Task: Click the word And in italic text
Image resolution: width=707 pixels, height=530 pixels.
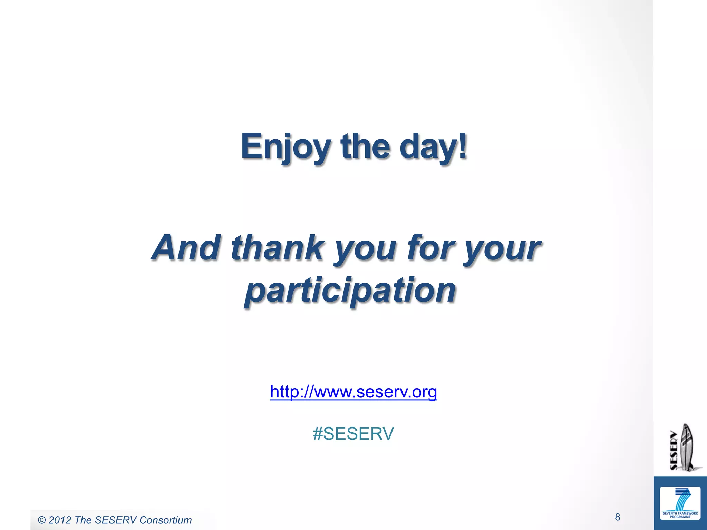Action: tap(186, 247)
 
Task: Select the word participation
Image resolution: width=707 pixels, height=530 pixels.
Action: tap(350, 291)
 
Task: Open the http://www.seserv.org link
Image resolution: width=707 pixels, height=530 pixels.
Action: tap(353, 392)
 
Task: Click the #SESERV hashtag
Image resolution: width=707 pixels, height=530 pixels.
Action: tap(353, 434)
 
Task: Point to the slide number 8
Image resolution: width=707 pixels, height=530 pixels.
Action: tap(617, 517)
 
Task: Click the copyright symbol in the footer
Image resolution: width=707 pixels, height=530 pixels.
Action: tap(42, 520)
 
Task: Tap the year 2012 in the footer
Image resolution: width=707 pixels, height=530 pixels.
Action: tap(60, 520)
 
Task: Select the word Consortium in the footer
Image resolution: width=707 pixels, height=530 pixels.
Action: tap(165, 520)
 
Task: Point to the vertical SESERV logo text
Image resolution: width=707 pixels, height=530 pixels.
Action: tap(674, 450)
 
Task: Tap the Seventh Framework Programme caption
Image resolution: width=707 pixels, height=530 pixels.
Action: tap(680, 515)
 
